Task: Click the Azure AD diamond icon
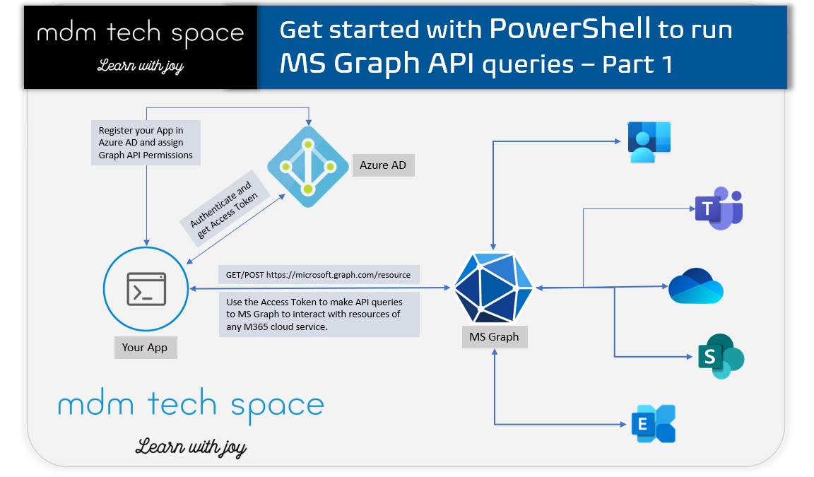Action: [x=308, y=167]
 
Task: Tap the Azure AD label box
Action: [x=384, y=165]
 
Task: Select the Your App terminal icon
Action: [x=146, y=288]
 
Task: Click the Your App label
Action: [x=145, y=348]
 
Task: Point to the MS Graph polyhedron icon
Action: [x=494, y=287]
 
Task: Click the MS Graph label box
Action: [x=494, y=337]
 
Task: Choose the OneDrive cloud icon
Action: [x=696, y=286]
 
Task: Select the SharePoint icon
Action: [x=720, y=355]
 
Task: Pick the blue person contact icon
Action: [x=649, y=141]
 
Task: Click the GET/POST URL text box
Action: [x=319, y=274]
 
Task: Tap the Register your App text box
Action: [x=146, y=143]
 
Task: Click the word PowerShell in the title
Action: [x=570, y=29]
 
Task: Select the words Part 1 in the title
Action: [x=636, y=64]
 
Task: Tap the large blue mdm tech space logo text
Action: [x=191, y=406]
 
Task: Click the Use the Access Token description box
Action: [x=319, y=314]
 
